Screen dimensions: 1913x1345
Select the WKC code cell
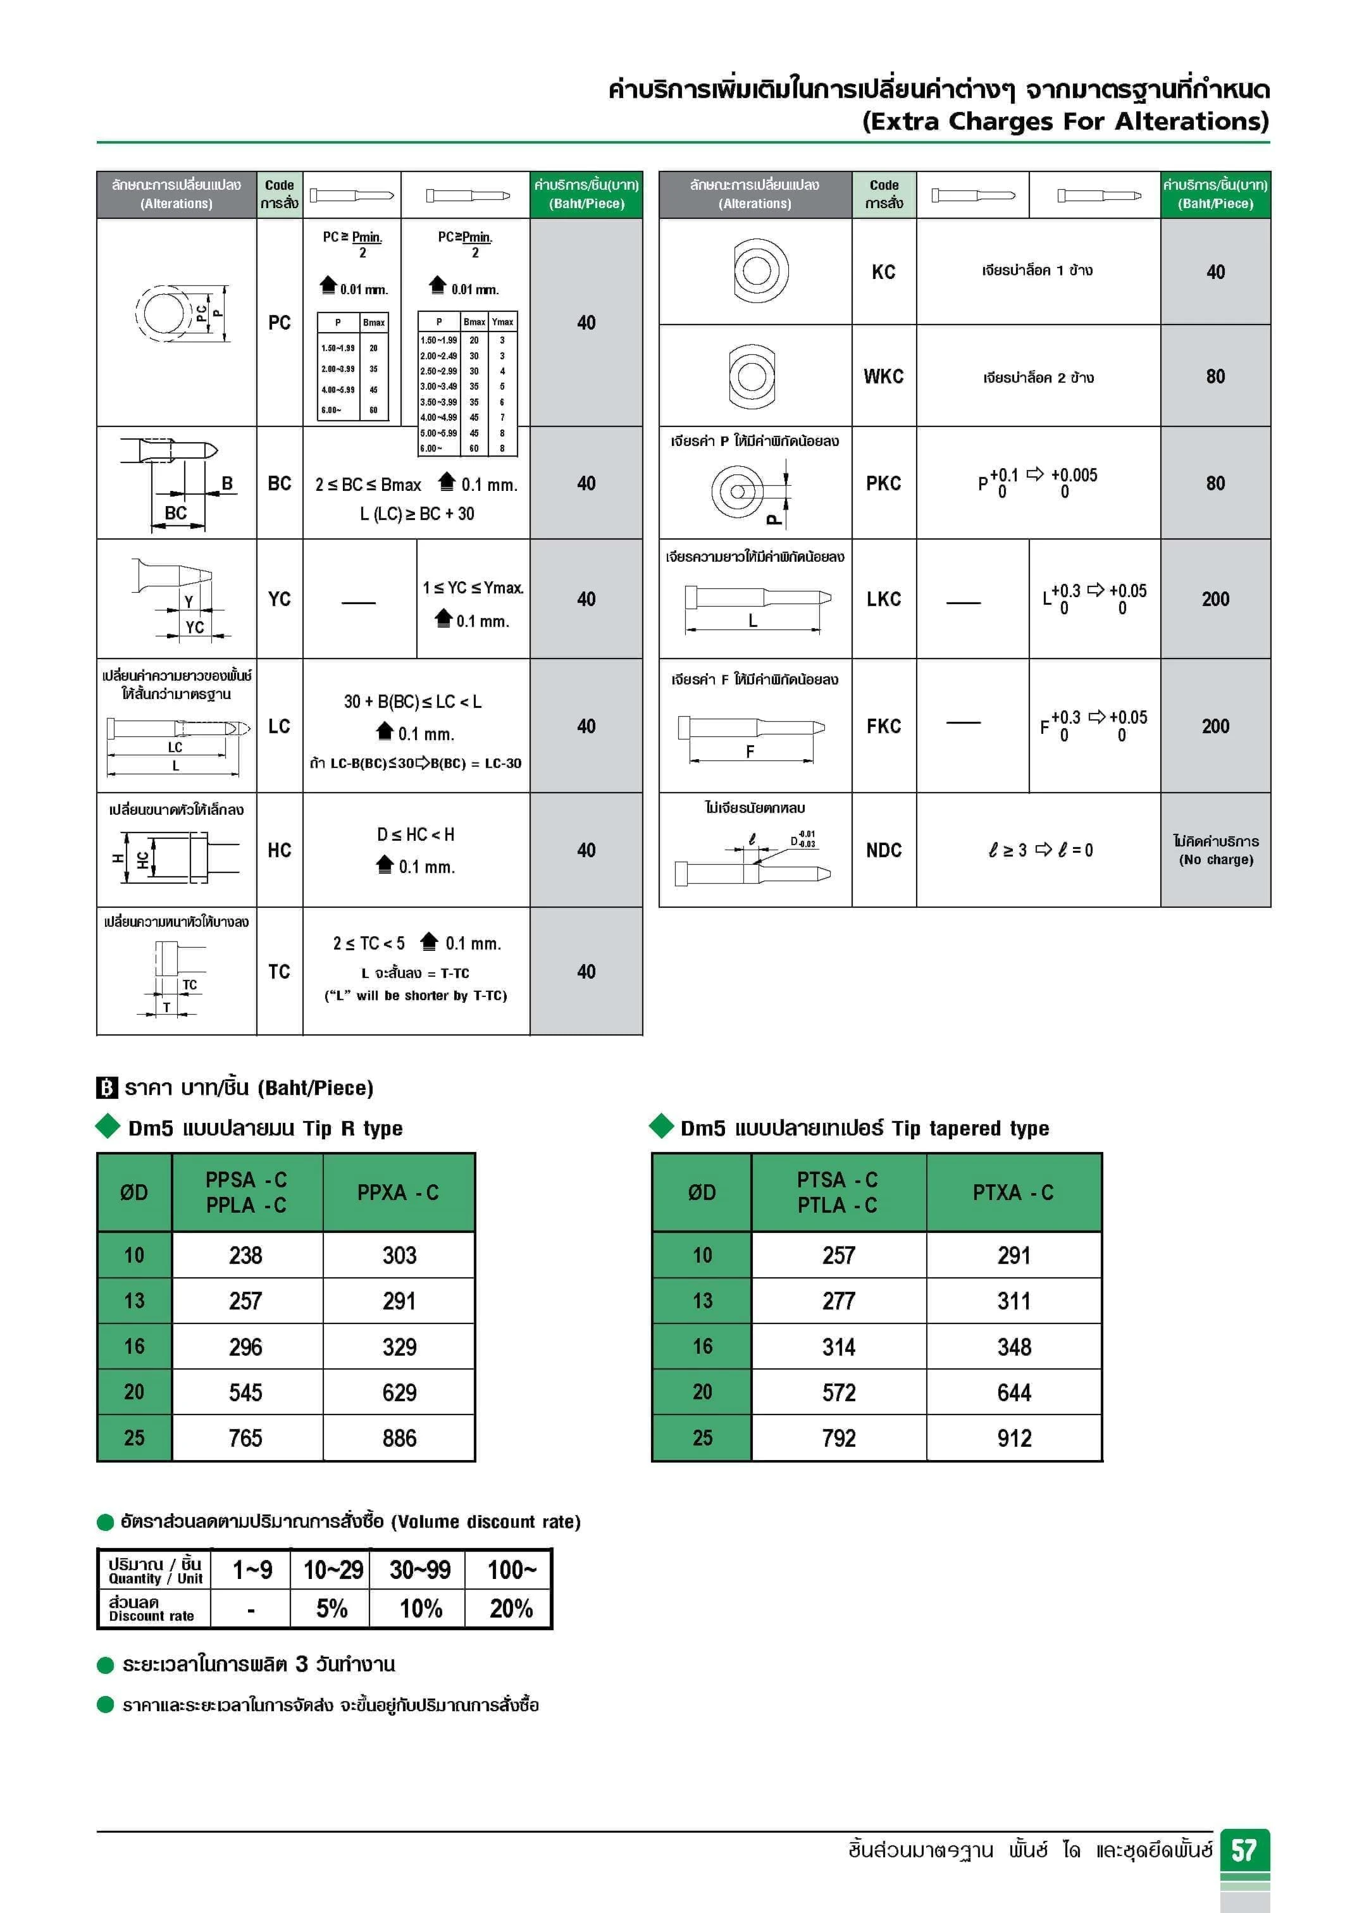883,376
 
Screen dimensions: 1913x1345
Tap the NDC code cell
883,850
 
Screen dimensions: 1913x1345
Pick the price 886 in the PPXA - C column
399,1438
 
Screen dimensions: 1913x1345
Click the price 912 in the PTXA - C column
1014,1438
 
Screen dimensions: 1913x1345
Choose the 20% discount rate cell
510,1608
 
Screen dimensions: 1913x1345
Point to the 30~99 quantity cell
420,1569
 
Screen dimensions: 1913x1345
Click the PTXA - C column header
1013,1192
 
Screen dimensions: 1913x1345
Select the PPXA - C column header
399,1192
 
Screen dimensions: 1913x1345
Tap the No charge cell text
1216,850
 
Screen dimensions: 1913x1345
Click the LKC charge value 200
1215,599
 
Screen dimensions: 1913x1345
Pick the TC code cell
279,972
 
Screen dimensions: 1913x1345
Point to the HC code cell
279,850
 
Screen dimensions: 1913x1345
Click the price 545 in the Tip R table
246,1392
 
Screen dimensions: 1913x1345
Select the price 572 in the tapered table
838,1392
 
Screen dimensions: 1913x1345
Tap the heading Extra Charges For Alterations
1065,121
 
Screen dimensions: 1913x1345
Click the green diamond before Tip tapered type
662,1127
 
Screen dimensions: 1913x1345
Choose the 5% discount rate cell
332,1608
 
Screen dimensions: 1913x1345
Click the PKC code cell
883,483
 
